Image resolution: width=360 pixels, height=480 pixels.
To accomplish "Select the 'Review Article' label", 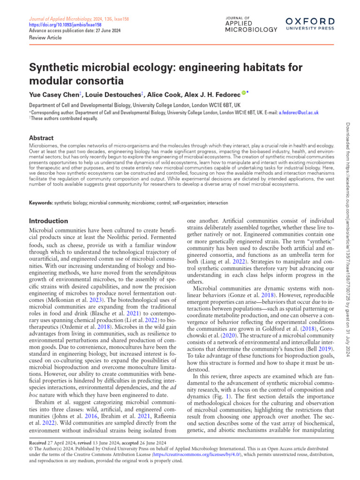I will click(x=45, y=37).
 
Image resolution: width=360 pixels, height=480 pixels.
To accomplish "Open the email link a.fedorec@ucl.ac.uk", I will click(x=299, y=112).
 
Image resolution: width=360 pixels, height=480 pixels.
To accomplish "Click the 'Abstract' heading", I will click(x=41, y=138).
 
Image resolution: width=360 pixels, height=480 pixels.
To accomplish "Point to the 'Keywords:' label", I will click(x=41, y=203).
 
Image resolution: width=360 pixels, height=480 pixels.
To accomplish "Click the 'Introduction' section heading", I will click(x=49, y=220).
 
